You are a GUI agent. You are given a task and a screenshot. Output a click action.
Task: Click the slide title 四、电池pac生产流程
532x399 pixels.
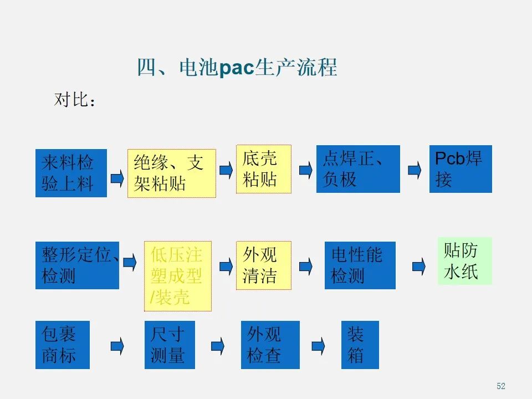237,68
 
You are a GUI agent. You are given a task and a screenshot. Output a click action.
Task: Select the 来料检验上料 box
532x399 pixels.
71,172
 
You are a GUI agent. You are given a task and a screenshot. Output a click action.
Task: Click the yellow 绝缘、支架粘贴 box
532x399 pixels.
172,173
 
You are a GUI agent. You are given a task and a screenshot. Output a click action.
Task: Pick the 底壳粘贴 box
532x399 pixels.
263,169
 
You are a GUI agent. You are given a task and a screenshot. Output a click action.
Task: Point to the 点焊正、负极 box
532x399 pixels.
357,169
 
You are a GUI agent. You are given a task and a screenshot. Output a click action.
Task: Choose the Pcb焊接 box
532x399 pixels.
460,169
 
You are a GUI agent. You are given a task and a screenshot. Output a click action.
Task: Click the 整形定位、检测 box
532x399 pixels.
77,265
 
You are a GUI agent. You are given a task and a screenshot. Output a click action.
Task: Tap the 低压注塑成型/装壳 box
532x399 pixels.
178,275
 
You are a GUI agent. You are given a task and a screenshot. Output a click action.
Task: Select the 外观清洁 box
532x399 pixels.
263,265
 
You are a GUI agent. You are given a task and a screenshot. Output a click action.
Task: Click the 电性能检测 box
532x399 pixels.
360,265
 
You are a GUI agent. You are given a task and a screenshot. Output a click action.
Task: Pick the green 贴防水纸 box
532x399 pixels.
464,261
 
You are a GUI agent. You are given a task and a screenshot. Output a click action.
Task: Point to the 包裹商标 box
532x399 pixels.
62,344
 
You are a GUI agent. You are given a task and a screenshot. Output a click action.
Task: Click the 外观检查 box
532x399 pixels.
270,344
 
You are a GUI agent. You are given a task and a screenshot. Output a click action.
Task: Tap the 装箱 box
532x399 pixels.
360,344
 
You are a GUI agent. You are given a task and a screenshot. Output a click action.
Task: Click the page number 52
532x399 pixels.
501,386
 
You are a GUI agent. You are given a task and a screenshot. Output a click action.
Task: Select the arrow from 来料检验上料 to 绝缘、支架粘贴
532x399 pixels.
117,177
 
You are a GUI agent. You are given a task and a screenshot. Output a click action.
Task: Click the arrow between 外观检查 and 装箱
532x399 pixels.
318,346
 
